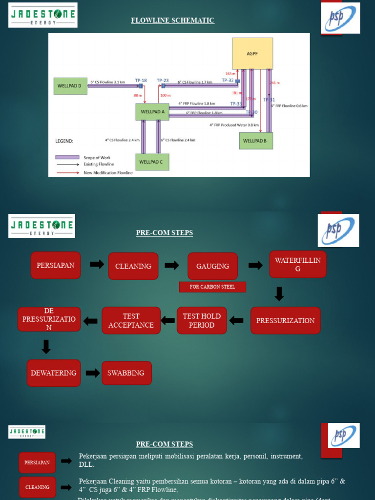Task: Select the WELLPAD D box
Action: pos(70,86)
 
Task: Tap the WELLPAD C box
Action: pos(152,162)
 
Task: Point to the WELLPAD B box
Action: pos(256,141)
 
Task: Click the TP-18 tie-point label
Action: pos(141,80)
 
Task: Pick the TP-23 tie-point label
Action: pos(163,80)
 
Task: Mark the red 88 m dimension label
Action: pos(137,96)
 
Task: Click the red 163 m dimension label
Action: pos(230,74)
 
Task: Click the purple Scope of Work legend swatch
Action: pos(67,157)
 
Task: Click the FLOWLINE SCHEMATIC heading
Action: pos(172,21)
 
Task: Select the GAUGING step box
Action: pos(212,266)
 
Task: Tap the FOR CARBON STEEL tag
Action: pos(212,287)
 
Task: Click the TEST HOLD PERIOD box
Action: pos(202,320)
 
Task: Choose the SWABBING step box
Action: pos(126,373)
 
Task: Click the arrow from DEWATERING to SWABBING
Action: pos(92,373)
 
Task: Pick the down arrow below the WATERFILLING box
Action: pos(279,293)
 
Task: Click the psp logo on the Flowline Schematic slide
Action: pos(340,18)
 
